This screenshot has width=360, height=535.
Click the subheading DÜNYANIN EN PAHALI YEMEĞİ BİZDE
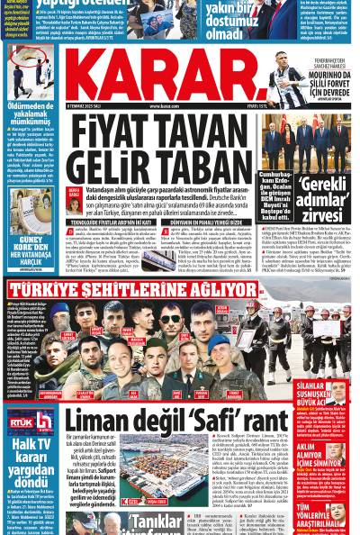tap(202, 222)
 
